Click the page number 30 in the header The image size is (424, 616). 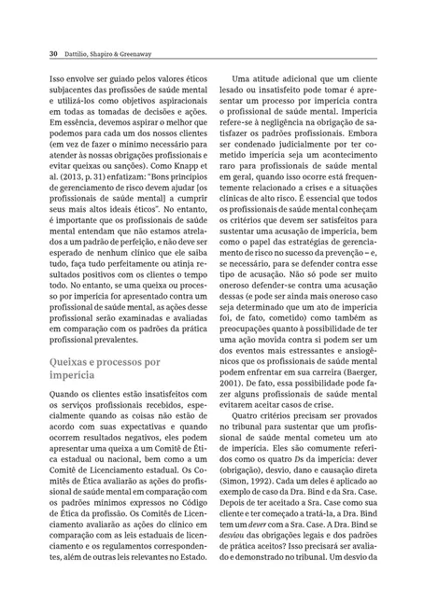[x=53, y=54]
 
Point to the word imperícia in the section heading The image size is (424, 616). [x=78, y=349]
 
